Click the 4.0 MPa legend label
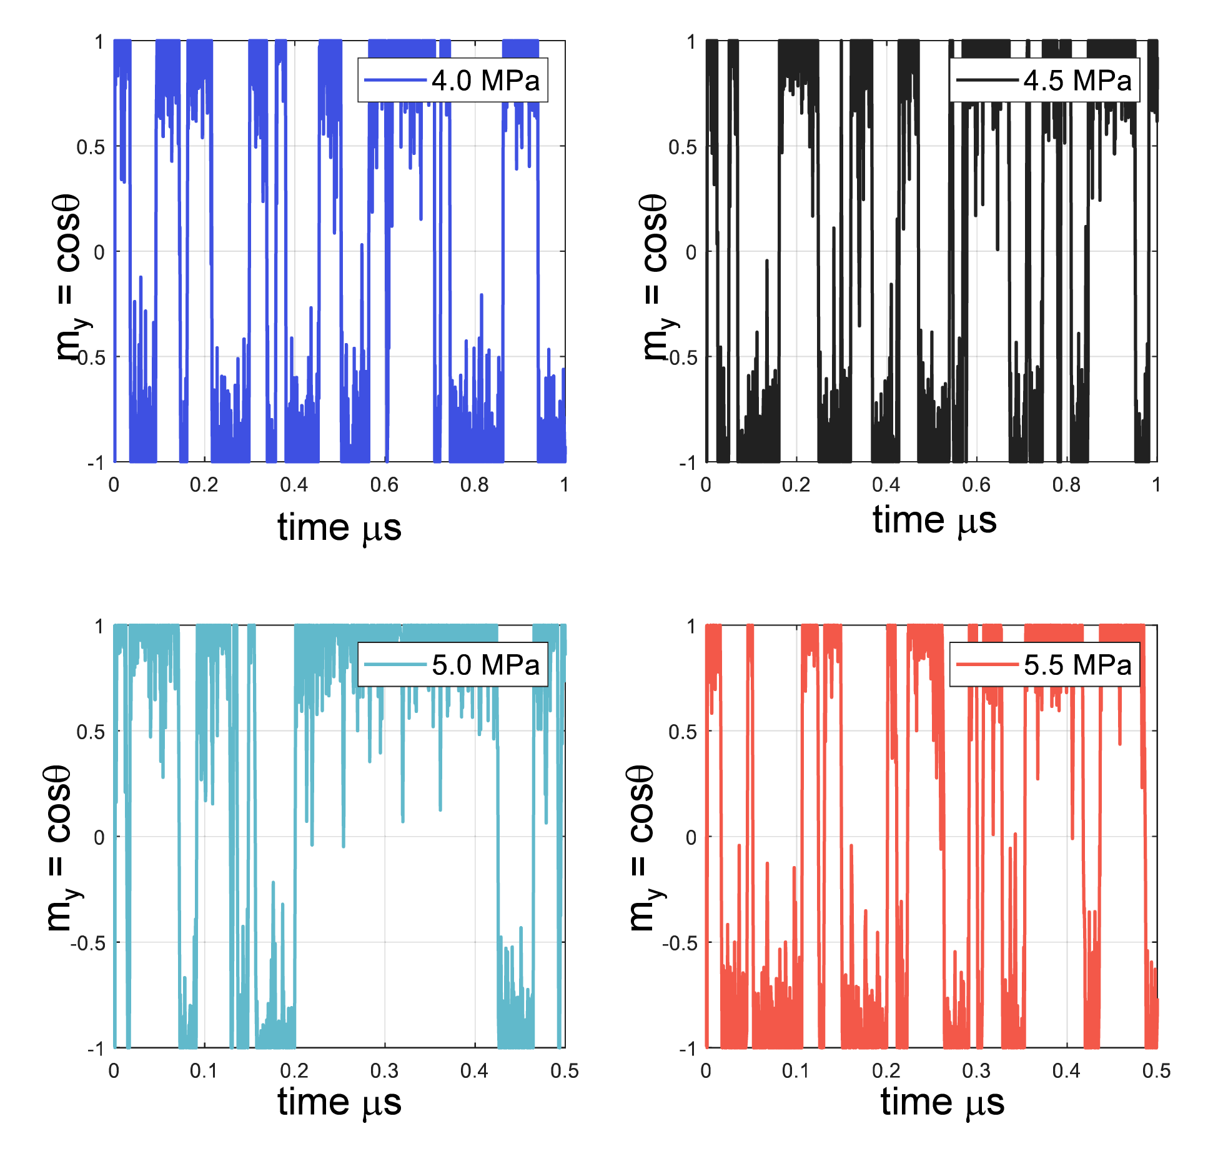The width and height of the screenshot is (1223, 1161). point(485,81)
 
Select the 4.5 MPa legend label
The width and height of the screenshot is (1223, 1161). point(1077,81)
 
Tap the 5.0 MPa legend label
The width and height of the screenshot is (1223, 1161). point(485,665)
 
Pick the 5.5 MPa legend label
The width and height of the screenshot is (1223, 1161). point(1077,665)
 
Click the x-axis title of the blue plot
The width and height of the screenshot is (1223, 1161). point(339,528)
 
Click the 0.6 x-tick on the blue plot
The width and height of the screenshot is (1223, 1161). point(384,485)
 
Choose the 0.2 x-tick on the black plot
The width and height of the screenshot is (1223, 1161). point(796,485)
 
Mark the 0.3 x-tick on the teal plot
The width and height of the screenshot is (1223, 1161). point(384,1071)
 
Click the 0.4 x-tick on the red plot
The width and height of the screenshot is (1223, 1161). point(1066,1071)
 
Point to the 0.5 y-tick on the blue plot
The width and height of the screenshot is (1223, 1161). point(90,147)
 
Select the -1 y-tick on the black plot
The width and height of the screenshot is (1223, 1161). point(687,463)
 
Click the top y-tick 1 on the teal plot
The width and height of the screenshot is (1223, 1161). point(99,626)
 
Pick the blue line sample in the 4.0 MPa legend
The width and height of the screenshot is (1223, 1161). point(395,81)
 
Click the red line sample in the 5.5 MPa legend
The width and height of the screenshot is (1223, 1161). point(987,665)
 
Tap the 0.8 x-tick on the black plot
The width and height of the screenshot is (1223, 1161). point(1066,485)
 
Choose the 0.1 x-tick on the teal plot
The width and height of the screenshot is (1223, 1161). point(203,1071)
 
